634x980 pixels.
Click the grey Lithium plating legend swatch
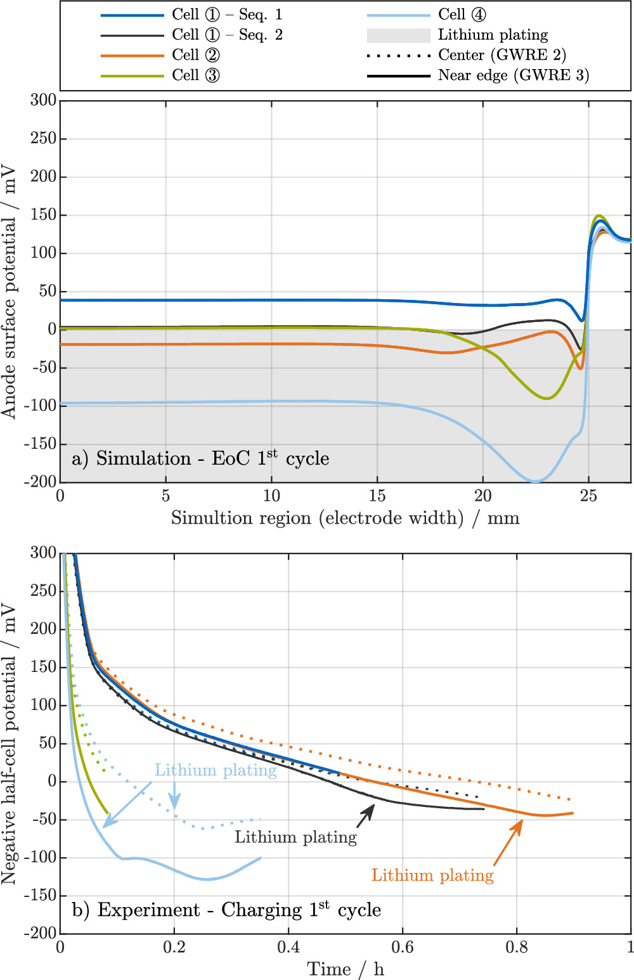[x=399, y=35]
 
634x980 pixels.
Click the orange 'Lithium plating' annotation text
[x=432, y=875]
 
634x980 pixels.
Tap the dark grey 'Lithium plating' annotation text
[x=295, y=837]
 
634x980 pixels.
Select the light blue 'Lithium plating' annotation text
[x=216, y=770]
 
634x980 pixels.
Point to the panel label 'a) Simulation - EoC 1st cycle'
[x=200, y=458]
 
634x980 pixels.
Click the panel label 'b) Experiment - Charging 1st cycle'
[x=226, y=910]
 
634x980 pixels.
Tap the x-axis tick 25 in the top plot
[x=588, y=496]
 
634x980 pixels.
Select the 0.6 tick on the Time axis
[x=402, y=947]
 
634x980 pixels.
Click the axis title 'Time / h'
[x=346, y=969]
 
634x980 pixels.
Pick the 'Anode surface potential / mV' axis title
[x=9, y=291]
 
